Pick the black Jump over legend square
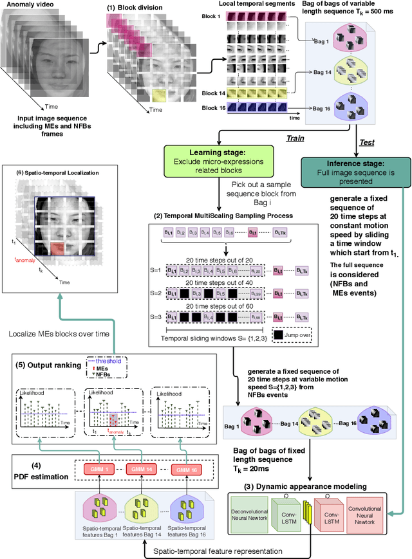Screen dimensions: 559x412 (277, 335)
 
